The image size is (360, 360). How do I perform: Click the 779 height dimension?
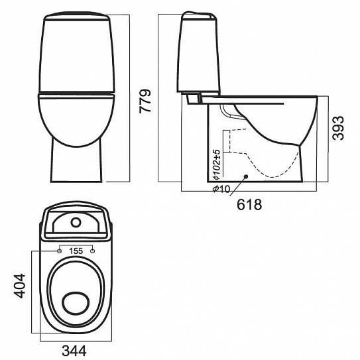(x=145, y=101)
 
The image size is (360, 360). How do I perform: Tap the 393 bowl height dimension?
(x=339, y=128)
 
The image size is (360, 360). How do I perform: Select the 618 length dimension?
(x=249, y=205)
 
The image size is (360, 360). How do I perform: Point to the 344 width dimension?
(x=74, y=351)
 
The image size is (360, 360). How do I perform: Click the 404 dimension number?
(x=19, y=286)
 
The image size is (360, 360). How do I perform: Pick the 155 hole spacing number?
(x=76, y=251)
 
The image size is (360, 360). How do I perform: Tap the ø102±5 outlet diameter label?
(x=216, y=164)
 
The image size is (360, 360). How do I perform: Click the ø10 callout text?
(x=221, y=189)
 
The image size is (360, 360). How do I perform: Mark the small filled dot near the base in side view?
(x=246, y=176)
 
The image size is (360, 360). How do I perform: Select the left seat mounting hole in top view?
(x=59, y=251)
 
